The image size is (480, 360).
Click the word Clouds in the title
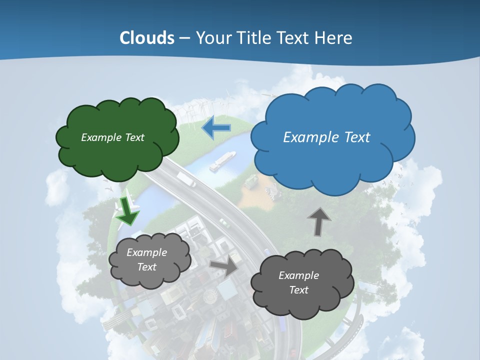147,38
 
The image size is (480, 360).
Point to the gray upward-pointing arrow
318,220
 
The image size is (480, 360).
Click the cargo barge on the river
222,161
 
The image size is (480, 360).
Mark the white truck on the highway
186,179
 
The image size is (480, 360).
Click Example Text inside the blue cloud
326,137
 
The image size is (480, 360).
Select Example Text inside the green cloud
112,137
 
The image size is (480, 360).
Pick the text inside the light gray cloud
146,259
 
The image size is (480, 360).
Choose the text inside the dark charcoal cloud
298,282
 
